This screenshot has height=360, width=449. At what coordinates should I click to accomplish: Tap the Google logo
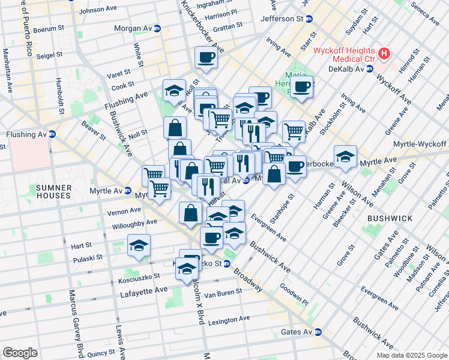click(x=20, y=352)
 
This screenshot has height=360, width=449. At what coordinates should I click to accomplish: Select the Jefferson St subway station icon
click(x=309, y=19)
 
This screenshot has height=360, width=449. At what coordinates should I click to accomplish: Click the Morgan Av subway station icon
click(x=157, y=28)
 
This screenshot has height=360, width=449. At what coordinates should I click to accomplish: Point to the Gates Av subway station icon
click(x=319, y=332)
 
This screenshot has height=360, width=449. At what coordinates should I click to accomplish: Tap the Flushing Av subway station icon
click(x=52, y=134)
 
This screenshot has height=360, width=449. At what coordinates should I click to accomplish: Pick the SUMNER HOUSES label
click(x=54, y=192)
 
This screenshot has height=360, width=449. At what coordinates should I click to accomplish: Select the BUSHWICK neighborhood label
click(x=390, y=218)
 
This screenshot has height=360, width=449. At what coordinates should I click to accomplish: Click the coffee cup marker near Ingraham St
click(x=206, y=58)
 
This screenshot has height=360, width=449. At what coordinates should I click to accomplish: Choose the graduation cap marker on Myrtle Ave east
click(x=345, y=157)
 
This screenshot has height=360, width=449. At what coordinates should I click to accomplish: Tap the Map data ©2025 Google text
click(x=411, y=355)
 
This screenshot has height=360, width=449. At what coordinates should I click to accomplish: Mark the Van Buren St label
click(x=223, y=292)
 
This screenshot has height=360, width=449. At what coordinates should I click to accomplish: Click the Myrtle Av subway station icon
click(x=127, y=191)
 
